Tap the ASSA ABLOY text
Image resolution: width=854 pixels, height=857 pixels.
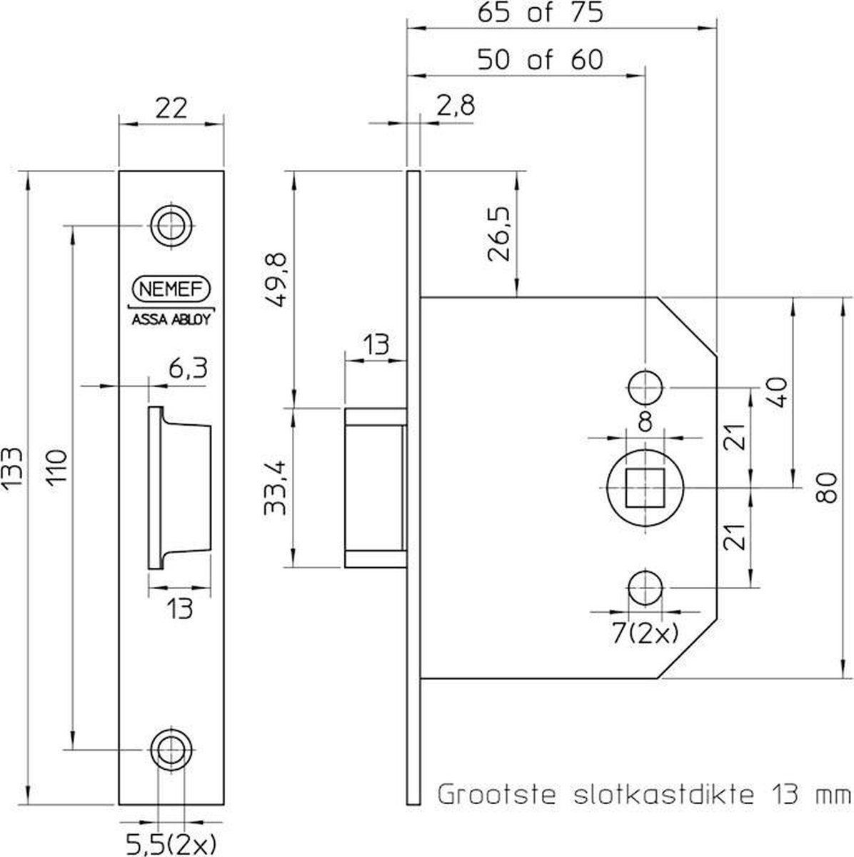pyautogui.click(x=171, y=320)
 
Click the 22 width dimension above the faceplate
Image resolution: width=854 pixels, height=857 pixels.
pyautogui.click(x=170, y=109)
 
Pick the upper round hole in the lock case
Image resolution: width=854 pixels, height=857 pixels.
pyautogui.click(x=645, y=388)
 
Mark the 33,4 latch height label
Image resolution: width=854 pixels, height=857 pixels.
pyautogui.click(x=276, y=487)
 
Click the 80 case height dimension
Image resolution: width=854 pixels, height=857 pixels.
pyautogui.click(x=827, y=487)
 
